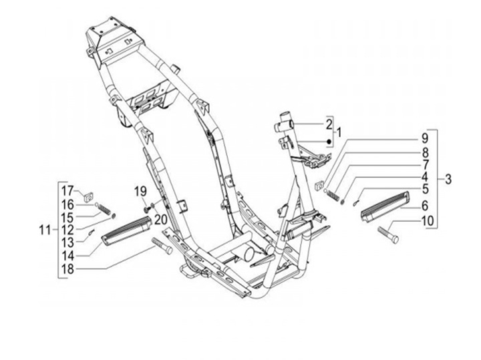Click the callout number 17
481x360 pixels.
(68, 189)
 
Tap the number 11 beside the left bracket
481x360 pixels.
(45, 230)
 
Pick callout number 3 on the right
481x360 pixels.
(448, 180)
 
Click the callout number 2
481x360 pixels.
(329, 124)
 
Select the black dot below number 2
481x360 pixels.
(329, 142)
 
